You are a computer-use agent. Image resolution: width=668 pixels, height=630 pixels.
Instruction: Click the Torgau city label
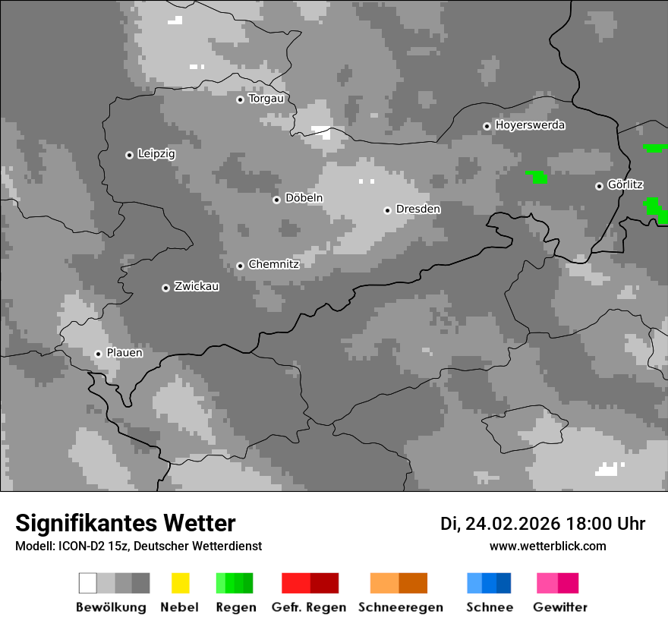click(x=266, y=99)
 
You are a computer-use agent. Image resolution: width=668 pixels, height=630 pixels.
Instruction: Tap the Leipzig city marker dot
click(x=129, y=155)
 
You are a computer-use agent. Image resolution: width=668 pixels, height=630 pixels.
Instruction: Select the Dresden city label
click(x=417, y=209)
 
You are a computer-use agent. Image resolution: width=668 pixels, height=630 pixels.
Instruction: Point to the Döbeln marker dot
click(x=276, y=200)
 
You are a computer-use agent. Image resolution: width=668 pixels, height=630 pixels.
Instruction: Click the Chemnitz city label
click(x=273, y=264)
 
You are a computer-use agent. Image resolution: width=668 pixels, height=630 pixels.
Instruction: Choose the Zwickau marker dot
click(x=165, y=288)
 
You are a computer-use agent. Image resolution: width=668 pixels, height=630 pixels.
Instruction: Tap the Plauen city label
click(x=124, y=353)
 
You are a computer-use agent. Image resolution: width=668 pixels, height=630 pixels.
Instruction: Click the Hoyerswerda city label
click(x=530, y=125)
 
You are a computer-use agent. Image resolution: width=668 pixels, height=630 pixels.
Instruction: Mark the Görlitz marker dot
click(x=599, y=186)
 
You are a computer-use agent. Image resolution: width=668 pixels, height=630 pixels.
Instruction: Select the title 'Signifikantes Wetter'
click(x=125, y=523)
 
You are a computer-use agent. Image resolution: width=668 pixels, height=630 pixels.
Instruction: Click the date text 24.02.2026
click(x=512, y=524)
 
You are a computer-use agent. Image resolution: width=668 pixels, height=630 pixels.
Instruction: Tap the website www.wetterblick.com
click(x=547, y=546)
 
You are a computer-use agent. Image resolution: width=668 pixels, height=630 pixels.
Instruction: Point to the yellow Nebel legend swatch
click(x=180, y=583)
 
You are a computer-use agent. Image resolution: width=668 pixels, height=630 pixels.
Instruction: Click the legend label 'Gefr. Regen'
click(x=309, y=607)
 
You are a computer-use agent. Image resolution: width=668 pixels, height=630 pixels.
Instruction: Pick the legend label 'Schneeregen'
click(x=401, y=607)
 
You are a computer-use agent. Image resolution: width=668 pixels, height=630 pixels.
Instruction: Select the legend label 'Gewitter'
click(x=560, y=607)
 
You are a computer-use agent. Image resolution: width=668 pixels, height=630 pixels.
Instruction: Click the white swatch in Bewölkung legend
click(x=88, y=583)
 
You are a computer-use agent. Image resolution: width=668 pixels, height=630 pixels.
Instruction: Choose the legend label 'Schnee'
click(x=490, y=607)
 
